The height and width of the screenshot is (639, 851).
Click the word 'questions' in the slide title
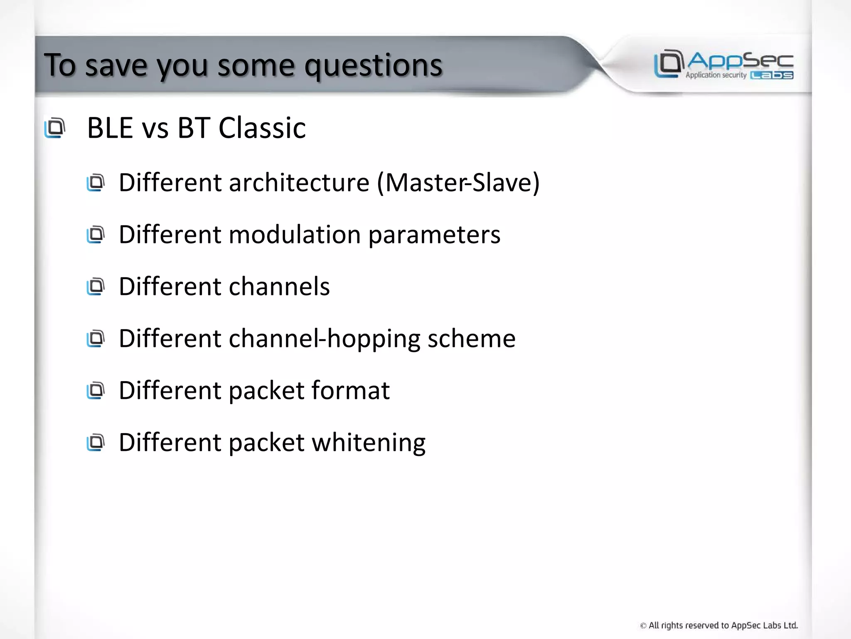(x=373, y=66)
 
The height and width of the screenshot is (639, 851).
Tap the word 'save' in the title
(x=116, y=66)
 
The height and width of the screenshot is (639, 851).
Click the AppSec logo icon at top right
(x=669, y=63)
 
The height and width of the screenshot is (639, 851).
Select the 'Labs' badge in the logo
(x=772, y=75)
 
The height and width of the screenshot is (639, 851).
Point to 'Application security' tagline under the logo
(x=716, y=75)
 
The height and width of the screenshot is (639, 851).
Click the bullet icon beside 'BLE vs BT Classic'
(x=55, y=128)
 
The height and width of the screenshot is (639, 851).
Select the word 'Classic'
(x=262, y=128)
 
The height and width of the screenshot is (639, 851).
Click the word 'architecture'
(x=299, y=183)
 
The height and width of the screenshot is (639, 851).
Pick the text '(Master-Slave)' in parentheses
(x=458, y=183)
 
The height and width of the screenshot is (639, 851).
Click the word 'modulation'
(x=295, y=235)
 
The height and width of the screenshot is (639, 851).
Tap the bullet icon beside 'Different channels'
(x=96, y=287)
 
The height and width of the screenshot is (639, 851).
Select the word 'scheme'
(x=472, y=339)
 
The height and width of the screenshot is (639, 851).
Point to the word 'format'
(x=350, y=391)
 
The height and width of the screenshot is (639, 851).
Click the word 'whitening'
(x=369, y=443)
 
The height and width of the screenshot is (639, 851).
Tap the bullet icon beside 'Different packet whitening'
(x=96, y=443)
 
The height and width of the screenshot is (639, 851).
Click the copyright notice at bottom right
(x=719, y=625)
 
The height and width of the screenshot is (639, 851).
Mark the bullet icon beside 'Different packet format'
(x=96, y=391)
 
